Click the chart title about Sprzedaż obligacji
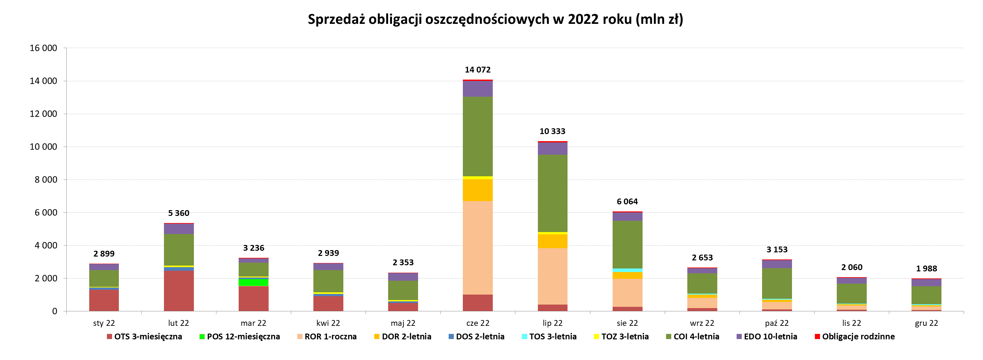pyautogui.click(x=495, y=19)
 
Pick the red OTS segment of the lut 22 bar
pyautogui.click(x=178, y=291)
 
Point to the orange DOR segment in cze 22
pyautogui.click(x=477, y=190)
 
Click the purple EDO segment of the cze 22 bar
pyautogui.click(x=477, y=89)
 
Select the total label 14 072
pyautogui.click(x=477, y=70)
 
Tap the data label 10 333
pyautogui.click(x=552, y=131)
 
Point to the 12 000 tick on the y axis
pyautogui.click(x=43, y=114)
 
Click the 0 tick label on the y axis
pyautogui.click(x=54, y=311)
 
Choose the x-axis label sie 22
pyautogui.click(x=627, y=323)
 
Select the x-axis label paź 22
pyautogui.click(x=777, y=323)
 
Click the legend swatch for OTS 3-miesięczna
pyautogui.click(x=110, y=336)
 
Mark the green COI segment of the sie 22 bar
pyautogui.click(x=627, y=244)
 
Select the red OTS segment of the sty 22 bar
pyautogui.click(x=104, y=300)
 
